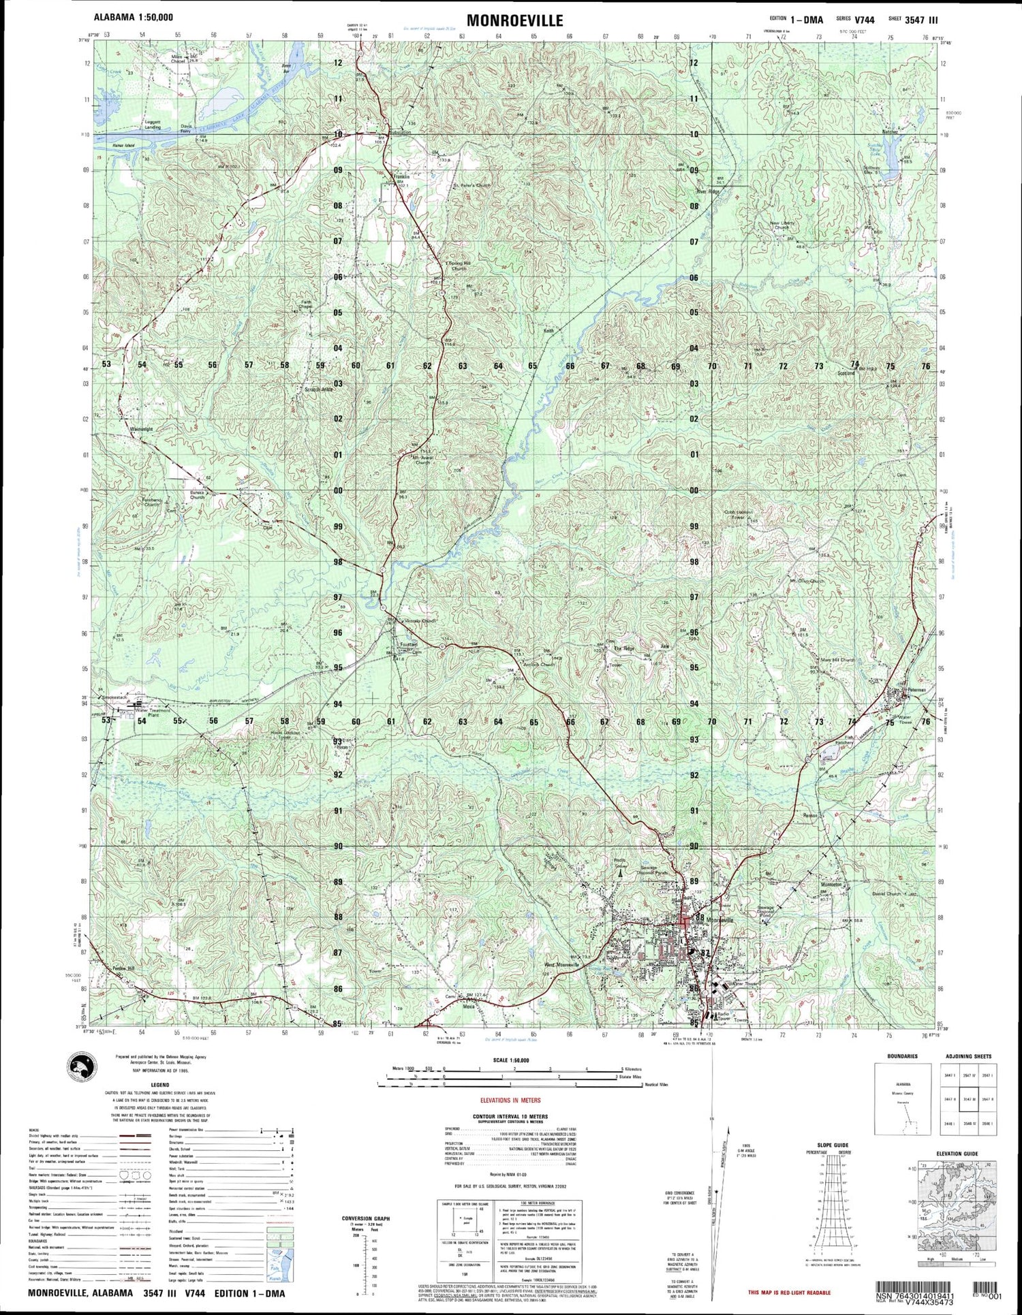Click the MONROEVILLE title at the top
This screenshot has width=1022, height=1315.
pos(515,20)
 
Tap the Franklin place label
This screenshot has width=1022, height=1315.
pos(401,177)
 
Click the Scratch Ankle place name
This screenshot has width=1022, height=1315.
pos(318,390)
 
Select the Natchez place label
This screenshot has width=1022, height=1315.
pos(890,131)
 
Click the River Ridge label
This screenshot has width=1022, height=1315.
pos(707,191)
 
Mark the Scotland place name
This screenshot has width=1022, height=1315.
pos(845,374)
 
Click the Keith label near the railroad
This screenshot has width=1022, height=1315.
pos(548,331)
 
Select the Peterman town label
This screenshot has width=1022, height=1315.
pos(916,690)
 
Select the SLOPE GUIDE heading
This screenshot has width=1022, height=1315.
pos(831,1145)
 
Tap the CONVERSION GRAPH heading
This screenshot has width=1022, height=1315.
pos(366,1218)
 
